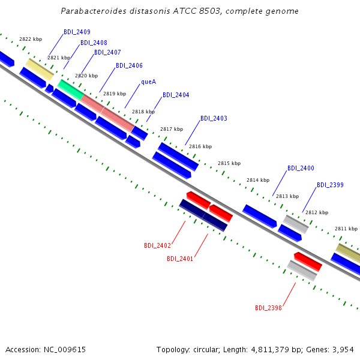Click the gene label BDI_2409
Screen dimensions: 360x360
pyautogui.click(x=77, y=32)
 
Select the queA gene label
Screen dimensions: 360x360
pyautogui.click(x=149, y=82)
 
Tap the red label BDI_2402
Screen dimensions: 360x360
pyautogui.click(x=157, y=245)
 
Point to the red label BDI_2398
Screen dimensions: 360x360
pyautogui.click(x=268, y=308)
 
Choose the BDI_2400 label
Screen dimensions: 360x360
pyautogui.click(x=301, y=168)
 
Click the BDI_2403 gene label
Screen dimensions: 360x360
pyautogui.click(x=214, y=118)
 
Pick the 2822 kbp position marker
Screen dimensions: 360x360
pyautogui.click(x=31, y=39)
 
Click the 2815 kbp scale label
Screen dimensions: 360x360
pyautogui.click(x=229, y=163)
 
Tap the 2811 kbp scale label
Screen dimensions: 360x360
pyautogui.click(x=346, y=229)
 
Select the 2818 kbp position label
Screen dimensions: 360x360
pyautogui.click(x=143, y=112)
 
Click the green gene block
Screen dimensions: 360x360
pyautogui.click(x=71, y=90)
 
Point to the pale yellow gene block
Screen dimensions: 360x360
pyautogui.click(x=40, y=70)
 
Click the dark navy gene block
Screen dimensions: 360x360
pyautogui.click(x=203, y=215)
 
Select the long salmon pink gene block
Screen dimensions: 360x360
pyautogui.click(x=107, y=113)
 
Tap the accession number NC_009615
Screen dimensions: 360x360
pyautogui.click(x=65, y=350)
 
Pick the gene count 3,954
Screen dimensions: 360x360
pyautogui.click(x=343, y=350)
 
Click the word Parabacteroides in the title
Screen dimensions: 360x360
pyautogui.click(x=94, y=11)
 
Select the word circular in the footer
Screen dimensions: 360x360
pyautogui.click(x=205, y=350)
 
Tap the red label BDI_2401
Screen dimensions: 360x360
pyautogui.click(x=180, y=259)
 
